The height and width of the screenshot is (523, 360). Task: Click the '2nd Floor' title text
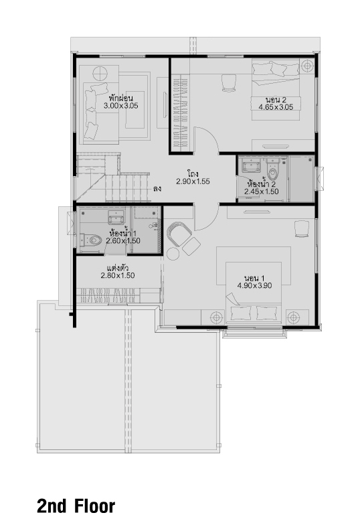point(76,506)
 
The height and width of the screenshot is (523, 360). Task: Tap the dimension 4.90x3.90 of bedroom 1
point(254,285)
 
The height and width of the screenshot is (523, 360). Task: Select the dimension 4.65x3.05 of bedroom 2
point(276,107)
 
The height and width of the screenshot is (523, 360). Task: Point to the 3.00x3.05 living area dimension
point(120,106)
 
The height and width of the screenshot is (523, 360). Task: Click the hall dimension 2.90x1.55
point(193,181)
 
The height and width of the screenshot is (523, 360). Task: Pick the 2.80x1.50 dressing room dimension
point(118,275)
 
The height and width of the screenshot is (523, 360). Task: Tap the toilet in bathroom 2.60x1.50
point(91,240)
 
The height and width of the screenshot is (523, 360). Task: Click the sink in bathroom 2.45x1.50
point(250,166)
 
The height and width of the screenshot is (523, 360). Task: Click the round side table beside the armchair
point(173,254)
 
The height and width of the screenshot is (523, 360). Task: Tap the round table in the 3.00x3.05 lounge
point(100,73)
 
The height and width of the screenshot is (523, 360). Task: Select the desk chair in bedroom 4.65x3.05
point(228,82)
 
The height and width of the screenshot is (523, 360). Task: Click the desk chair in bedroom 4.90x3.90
point(301,229)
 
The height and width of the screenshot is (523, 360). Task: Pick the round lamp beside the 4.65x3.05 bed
point(306,66)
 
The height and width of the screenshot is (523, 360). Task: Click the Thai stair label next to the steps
point(157,188)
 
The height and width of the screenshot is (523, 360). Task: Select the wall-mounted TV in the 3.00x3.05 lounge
point(165,104)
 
